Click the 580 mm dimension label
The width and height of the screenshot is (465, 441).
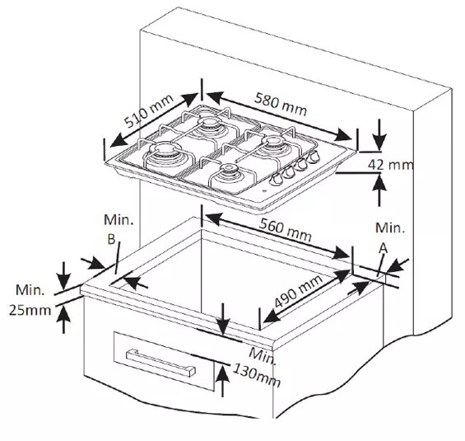[x=281, y=104]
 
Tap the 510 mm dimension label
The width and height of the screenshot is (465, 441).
[x=148, y=110]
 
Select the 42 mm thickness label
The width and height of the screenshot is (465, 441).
[x=390, y=165]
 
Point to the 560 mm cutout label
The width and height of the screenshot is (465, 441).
[x=285, y=229]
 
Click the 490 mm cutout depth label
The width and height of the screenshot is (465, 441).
[x=298, y=291]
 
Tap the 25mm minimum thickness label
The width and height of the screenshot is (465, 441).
[x=30, y=311]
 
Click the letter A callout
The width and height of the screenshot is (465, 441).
[x=384, y=248]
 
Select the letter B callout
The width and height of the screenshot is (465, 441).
[x=111, y=239]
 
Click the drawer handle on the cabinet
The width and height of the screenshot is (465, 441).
[x=161, y=363]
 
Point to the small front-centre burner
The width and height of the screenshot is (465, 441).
[x=228, y=175]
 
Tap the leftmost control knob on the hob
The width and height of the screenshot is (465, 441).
[x=277, y=179]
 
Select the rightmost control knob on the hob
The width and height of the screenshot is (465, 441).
[x=314, y=157]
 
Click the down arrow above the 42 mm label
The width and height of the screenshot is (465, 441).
[x=379, y=134]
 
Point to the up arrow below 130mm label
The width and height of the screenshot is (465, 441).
[x=222, y=381]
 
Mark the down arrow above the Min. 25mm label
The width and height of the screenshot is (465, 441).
[x=64, y=275]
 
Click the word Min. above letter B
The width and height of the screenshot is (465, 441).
[x=119, y=220]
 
